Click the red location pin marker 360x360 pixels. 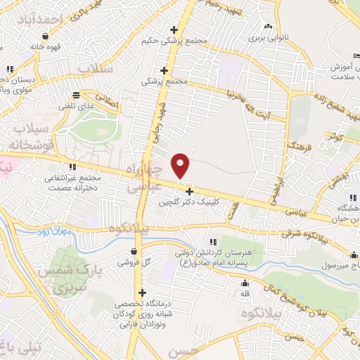click(x=181, y=165)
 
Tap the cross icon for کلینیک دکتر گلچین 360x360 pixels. click(x=188, y=191)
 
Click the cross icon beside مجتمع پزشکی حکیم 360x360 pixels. click(x=174, y=30)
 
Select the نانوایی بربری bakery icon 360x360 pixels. click(x=268, y=27)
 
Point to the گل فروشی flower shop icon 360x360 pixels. click(x=134, y=251)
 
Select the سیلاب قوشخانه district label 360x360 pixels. click(x=24, y=138)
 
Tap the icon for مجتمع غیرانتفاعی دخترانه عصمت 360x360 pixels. click(x=72, y=167)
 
